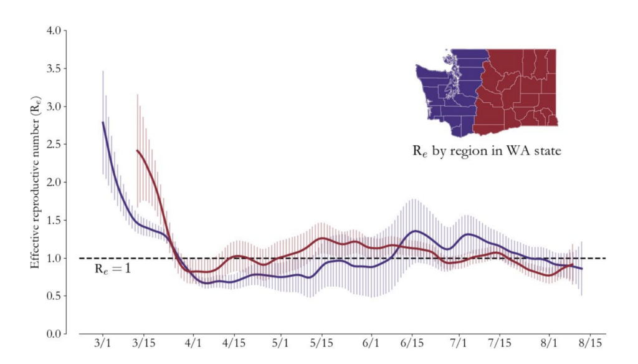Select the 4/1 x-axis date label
point(193,345)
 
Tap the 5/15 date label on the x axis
point(321,345)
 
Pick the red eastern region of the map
point(520,87)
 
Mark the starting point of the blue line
point(103,122)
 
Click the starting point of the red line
point(137,150)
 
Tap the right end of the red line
point(573,264)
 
